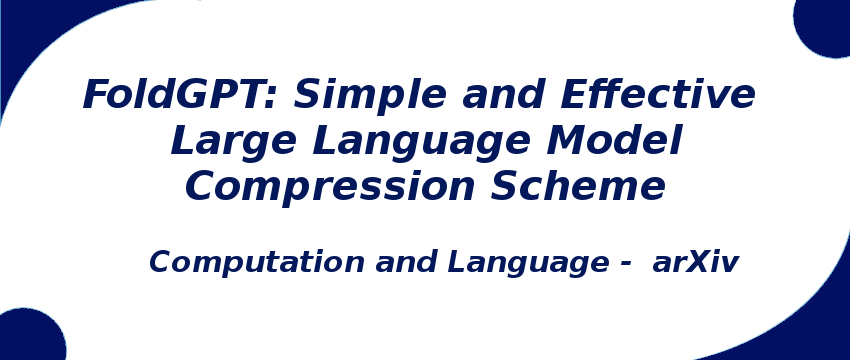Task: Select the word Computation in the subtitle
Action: pyautogui.click(x=257, y=263)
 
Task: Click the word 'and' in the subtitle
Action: pyautogui.click(x=406, y=263)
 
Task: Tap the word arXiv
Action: pyautogui.click(x=695, y=263)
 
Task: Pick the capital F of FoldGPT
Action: pyautogui.click(x=96, y=95)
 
